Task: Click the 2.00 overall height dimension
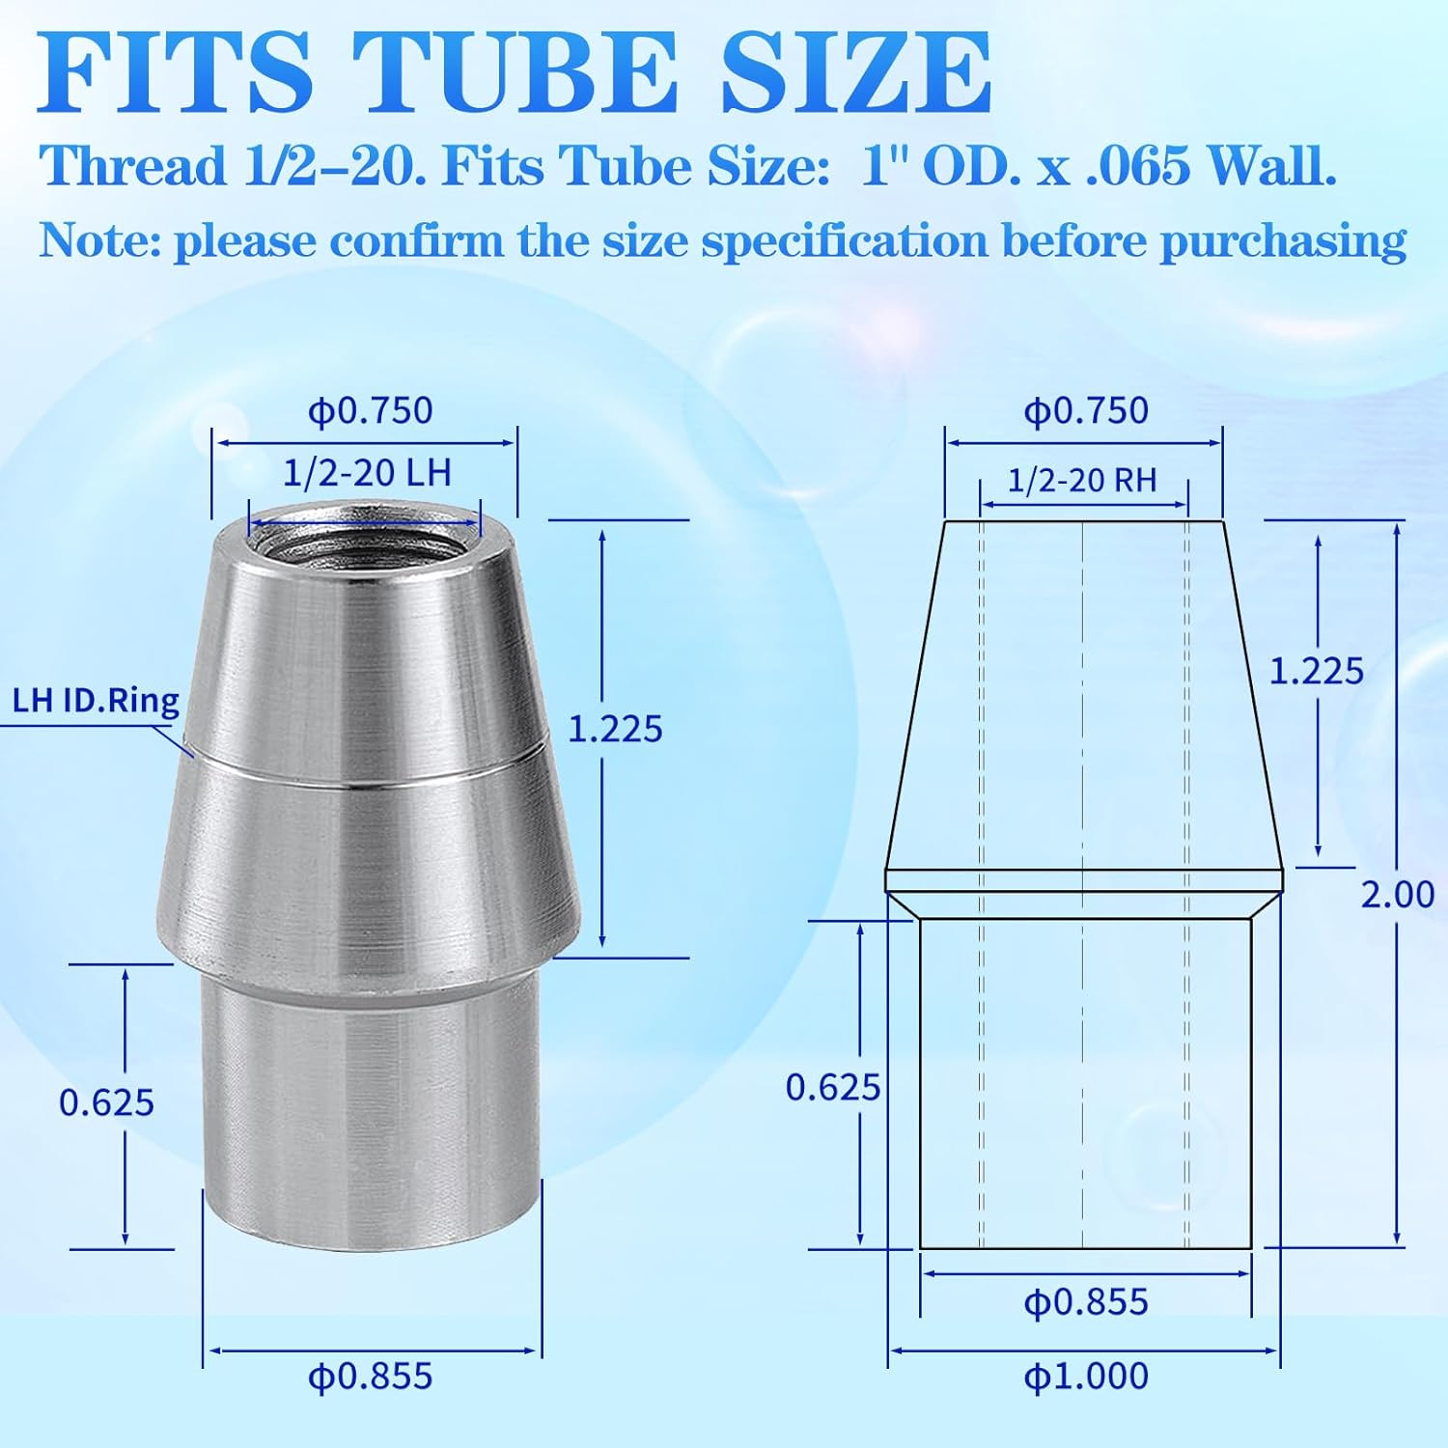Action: [1396, 895]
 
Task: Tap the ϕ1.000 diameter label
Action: [1086, 1376]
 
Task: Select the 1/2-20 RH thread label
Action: [1082, 480]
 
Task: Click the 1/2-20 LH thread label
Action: [367, 473]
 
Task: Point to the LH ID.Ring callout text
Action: [96, 701]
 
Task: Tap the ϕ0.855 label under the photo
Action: [370, 1376]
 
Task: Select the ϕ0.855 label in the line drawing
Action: [1086, 1302]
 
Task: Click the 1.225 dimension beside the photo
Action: [614, 729]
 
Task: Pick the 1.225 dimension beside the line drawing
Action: [1315, 671]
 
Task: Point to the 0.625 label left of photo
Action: [106, 1102]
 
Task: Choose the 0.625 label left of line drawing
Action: [832, 1088]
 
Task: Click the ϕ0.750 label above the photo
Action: [370, 410]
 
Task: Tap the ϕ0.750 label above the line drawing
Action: [1086, 410]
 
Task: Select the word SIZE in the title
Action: [855, 75]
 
